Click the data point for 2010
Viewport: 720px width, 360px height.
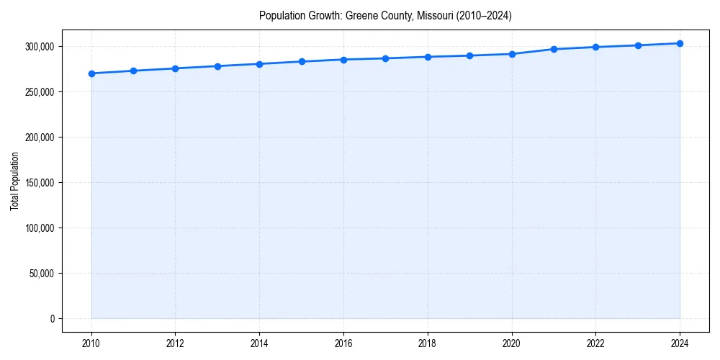(x=91, y=73)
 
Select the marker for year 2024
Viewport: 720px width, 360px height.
(x=680, y=43)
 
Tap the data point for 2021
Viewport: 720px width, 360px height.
(x=554, y=49)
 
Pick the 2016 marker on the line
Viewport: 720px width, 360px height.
(x=343, y=60)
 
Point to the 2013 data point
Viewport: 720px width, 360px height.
(x=217, y=66)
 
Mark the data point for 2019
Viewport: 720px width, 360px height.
(x=469, y=55)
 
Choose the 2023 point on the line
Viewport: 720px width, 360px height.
(x=638, y=45)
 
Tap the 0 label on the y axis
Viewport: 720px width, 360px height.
(x=53, y=319)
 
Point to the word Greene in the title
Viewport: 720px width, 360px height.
(x=360, y=16)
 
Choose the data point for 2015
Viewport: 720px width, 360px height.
(x=302, y=62)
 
